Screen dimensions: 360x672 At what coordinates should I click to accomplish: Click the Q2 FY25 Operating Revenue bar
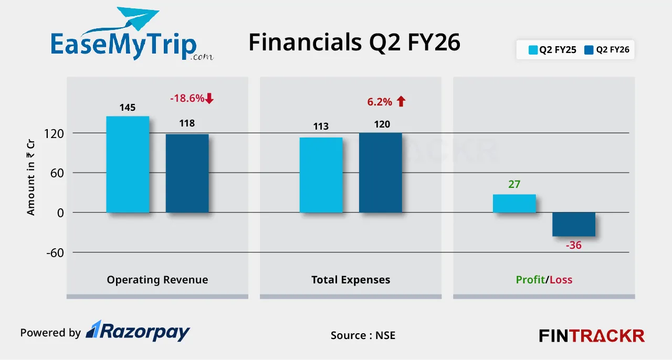[x=128, y=164]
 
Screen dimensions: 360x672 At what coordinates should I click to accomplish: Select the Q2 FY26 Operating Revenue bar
[x=187, y=173]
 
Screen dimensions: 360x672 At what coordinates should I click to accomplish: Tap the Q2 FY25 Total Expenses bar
[x=321, y=175]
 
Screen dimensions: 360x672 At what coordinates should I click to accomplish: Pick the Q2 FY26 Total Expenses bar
[x=380, y=173]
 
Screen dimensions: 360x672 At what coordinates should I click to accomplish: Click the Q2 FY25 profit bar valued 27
[x=514, y=204]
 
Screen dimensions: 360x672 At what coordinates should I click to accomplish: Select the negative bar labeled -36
[x=573, y=224]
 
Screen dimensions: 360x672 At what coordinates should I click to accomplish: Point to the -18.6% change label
[x=187, y=98]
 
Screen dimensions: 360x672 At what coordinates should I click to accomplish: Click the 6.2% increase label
[x=380, y=102]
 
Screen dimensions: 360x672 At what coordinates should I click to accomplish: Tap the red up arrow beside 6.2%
[x=401, y=102]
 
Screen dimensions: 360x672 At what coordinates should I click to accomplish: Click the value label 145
[x=127, y=108]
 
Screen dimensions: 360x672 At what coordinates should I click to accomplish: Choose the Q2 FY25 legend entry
[x=552, y=50]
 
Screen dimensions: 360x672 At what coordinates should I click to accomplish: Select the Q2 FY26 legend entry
[x=606, y=50]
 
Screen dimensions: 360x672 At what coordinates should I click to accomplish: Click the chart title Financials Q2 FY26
[x=354, y=43]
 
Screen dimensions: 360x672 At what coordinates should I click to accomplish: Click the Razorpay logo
[x=138, y=331]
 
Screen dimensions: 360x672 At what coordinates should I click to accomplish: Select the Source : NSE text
[x=363, y=335]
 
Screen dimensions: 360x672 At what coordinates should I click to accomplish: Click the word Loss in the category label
[x=561, y=280]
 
